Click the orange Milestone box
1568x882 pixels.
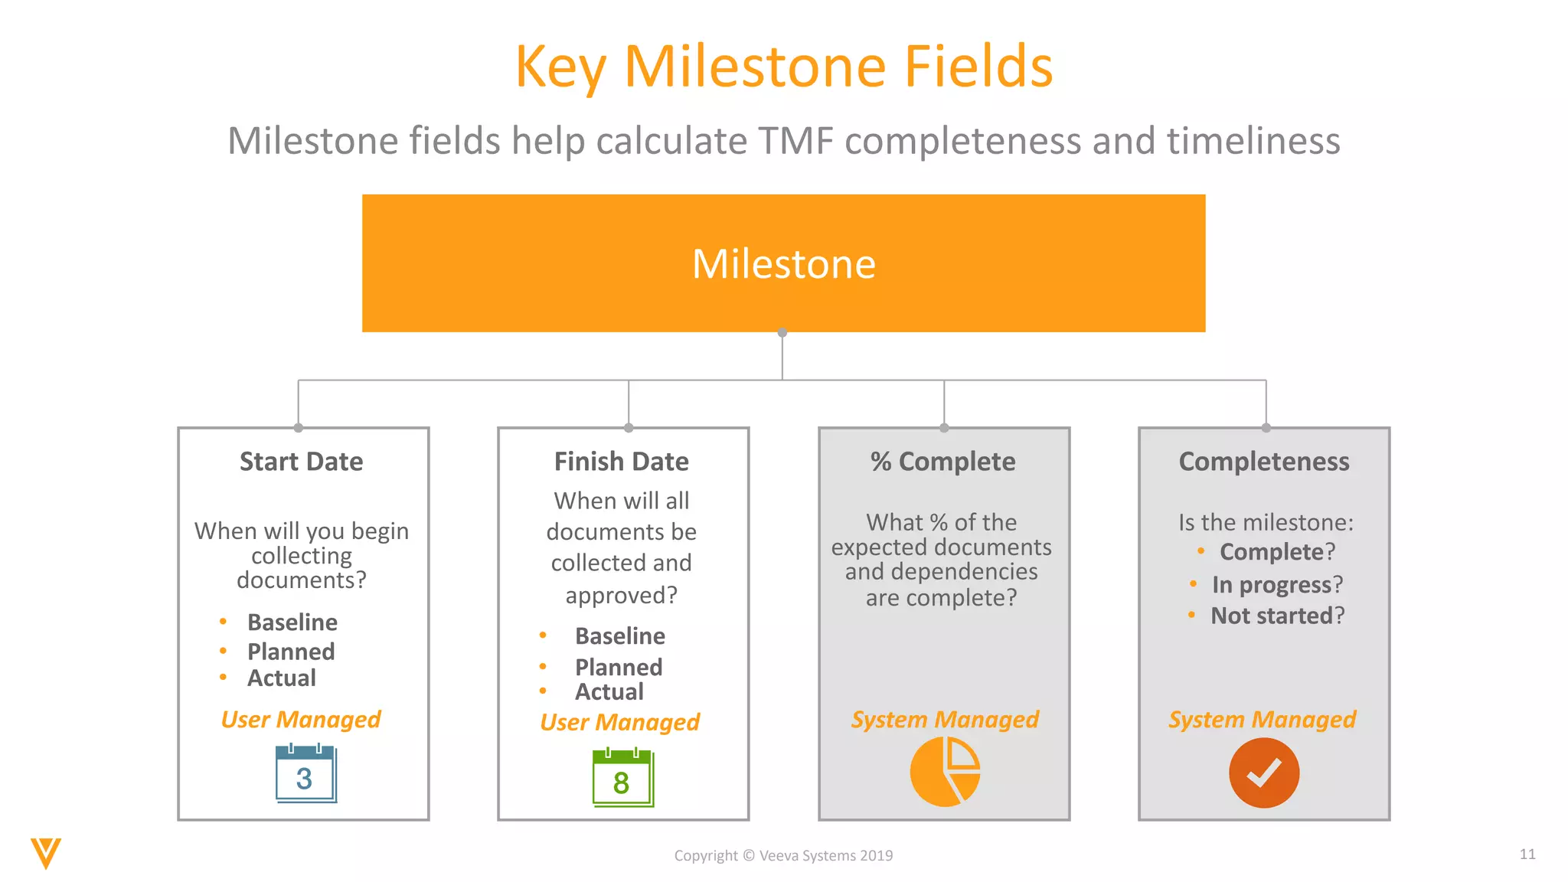783,263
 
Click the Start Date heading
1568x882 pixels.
301,462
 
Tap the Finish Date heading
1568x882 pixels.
621,462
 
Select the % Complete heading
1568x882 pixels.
942,462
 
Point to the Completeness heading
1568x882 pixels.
1264,462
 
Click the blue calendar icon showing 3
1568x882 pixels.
305,773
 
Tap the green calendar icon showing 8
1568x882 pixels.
622,778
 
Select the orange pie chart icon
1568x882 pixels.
944,772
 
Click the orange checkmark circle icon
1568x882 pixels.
1264,773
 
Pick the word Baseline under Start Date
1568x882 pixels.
292,622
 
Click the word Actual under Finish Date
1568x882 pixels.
609,692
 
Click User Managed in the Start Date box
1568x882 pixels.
300,720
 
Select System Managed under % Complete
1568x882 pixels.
945,720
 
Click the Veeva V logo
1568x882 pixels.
45,853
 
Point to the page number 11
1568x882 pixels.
1527,854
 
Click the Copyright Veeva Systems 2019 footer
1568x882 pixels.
783,856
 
